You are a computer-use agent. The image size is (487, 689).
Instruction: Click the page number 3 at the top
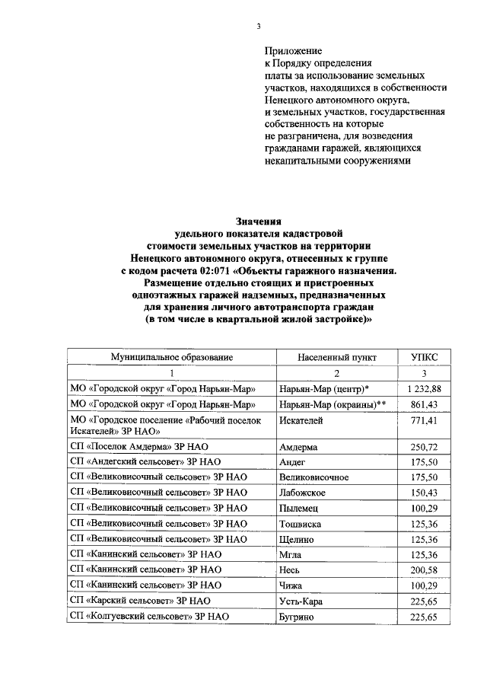[258, 26]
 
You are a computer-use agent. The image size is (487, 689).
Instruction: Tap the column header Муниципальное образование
[171, 356]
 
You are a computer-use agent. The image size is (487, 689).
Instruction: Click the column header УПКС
[424, 356]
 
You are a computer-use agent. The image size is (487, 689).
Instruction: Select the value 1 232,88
[424, 388]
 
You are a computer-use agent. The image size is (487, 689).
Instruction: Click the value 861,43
[425, 404]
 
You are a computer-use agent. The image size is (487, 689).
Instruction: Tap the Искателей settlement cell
[302, 420]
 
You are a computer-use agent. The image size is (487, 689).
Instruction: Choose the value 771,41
[425, 420]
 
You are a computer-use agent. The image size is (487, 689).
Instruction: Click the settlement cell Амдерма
[298, 447]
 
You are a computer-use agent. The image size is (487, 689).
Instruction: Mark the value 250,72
[425, 447]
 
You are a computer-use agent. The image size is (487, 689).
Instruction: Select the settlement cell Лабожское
[302, 493]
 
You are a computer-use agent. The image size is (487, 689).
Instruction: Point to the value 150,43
[425, 493]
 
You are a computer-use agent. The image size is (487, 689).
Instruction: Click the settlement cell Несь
[290, 569]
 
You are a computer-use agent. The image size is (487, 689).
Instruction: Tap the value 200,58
[425, 569]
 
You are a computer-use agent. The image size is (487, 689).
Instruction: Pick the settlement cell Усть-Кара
[302, 601]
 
